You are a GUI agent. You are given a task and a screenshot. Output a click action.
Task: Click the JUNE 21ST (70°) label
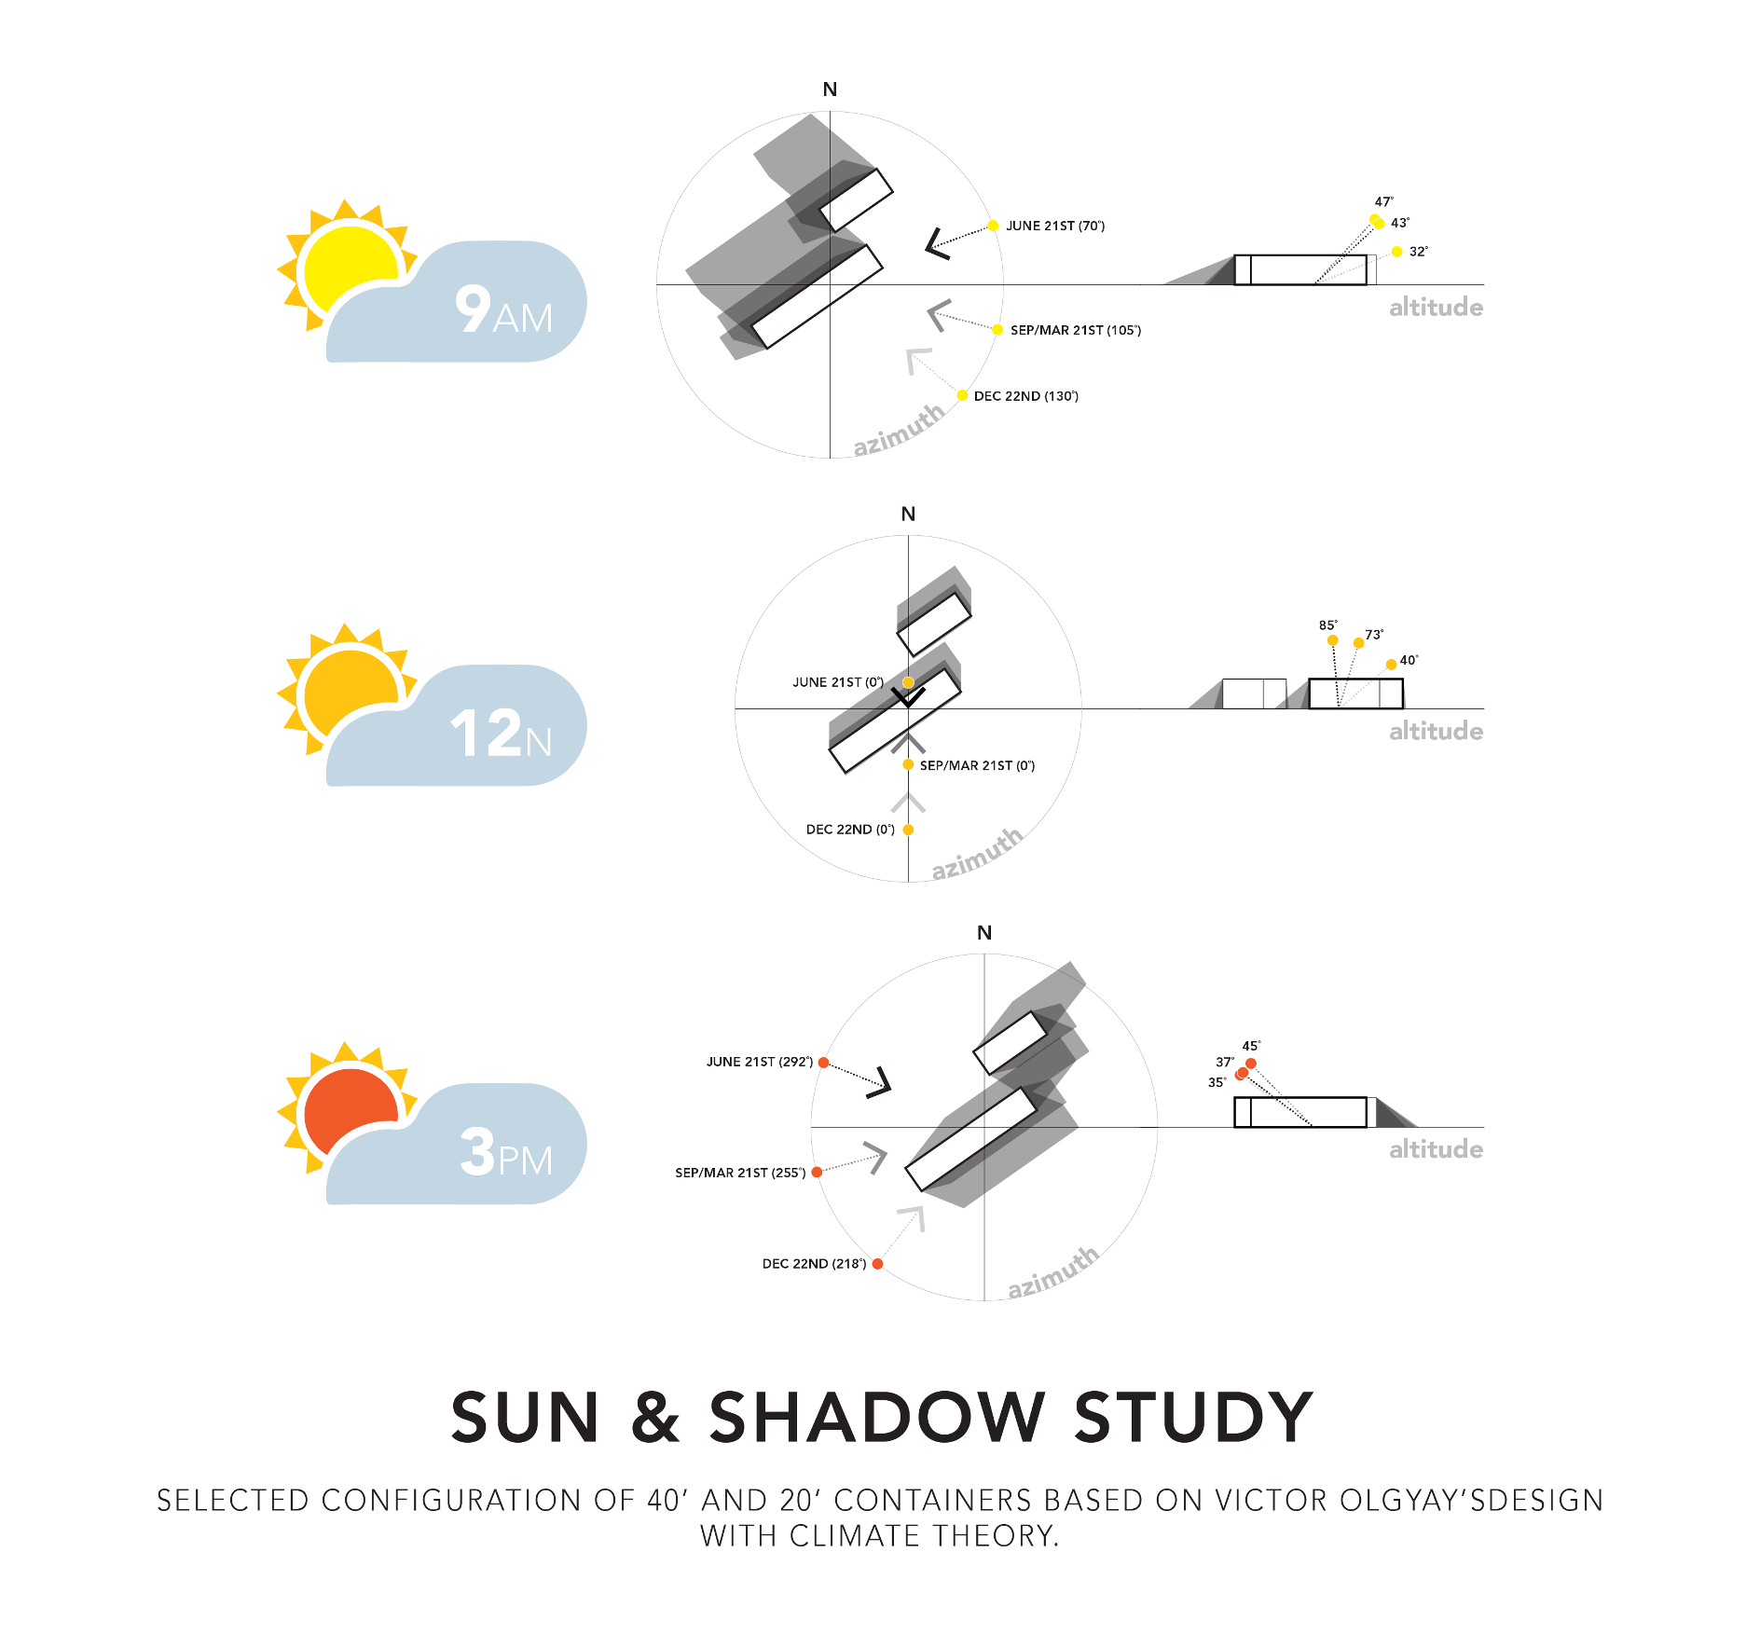point(1054,226)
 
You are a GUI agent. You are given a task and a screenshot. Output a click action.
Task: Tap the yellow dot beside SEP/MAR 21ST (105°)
point(997,330)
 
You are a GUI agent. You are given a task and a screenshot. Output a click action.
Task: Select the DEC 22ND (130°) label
point(1025,396)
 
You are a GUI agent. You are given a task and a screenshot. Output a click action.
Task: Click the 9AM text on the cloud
point(503,309)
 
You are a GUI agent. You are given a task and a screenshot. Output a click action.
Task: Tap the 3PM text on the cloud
point(505,1153)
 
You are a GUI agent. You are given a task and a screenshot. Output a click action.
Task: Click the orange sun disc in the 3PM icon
point(350,1110)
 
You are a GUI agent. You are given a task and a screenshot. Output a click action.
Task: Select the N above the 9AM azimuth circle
point(830,89)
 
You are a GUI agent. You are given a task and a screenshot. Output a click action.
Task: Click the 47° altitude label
point(1383,201)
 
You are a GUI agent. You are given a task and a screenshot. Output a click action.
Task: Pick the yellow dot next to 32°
point(1396,252)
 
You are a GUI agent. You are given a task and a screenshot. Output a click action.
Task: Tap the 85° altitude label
point(1327,625)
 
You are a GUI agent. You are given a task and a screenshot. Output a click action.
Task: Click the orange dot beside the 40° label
point(1391,665)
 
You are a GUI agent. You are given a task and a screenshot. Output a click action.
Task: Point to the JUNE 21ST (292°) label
point(759,1062)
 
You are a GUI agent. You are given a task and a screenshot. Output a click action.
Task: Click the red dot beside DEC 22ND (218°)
point(877,1264)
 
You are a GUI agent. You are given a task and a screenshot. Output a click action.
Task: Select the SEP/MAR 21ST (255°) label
point(740,1173)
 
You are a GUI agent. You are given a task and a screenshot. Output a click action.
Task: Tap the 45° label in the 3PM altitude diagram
point(1250,1046)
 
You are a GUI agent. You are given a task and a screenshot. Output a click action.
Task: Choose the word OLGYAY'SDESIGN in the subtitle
point(1471,1501)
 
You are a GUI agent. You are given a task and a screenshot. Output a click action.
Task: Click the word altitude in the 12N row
point(1436,731)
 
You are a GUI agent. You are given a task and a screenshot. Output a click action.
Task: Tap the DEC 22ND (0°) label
point(849,830)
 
